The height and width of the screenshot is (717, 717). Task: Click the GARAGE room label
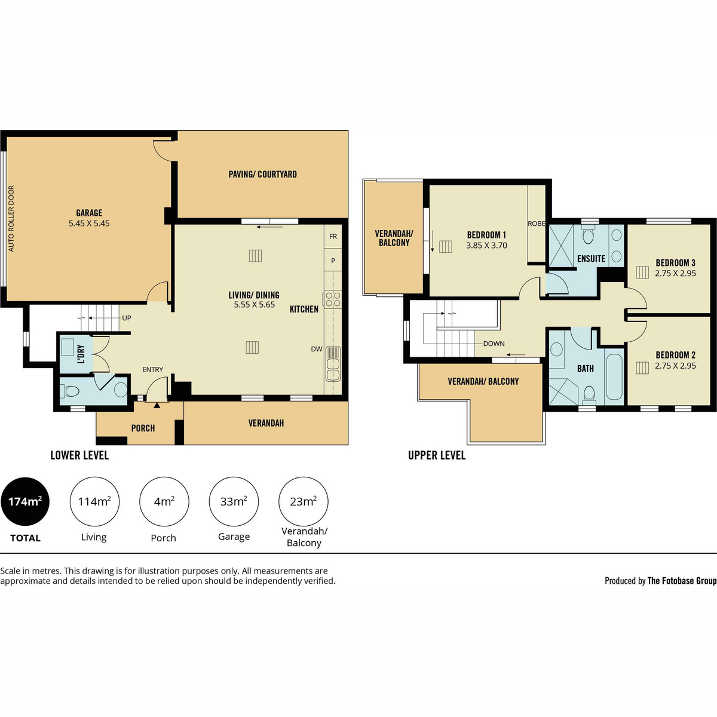pos(89,213)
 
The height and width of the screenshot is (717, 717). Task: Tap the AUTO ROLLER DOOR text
pos(11,219)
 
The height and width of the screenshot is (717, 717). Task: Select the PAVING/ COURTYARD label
pos(263,174)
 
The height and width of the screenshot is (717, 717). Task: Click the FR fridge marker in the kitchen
pos(333,236)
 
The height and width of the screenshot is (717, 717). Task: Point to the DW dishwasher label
pos(317,349)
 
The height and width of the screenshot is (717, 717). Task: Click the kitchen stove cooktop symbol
pos(333,299)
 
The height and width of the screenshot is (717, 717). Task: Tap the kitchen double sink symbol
pos(333,364)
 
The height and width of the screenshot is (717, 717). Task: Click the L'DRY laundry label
pos(81,354)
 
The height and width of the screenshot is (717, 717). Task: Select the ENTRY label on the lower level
pos(152,369)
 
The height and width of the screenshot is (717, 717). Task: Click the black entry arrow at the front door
pos(157,405)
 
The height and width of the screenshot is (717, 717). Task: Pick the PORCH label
pos(143,428)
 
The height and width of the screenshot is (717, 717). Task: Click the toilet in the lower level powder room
pos(71,391)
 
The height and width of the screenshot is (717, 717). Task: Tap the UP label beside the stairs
pos(127,318)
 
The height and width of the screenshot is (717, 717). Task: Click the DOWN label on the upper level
pos(494,344)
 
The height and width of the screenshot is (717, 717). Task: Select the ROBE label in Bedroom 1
pos(537,223)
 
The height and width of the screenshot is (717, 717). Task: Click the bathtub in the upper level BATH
pos(614,377)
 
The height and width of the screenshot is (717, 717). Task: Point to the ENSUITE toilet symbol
pos(589,234)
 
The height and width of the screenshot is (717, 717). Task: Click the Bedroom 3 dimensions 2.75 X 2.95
pos(675,273)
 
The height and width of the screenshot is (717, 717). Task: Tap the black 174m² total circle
pos(25,501)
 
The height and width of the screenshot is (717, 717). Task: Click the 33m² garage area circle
pos(234,501)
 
